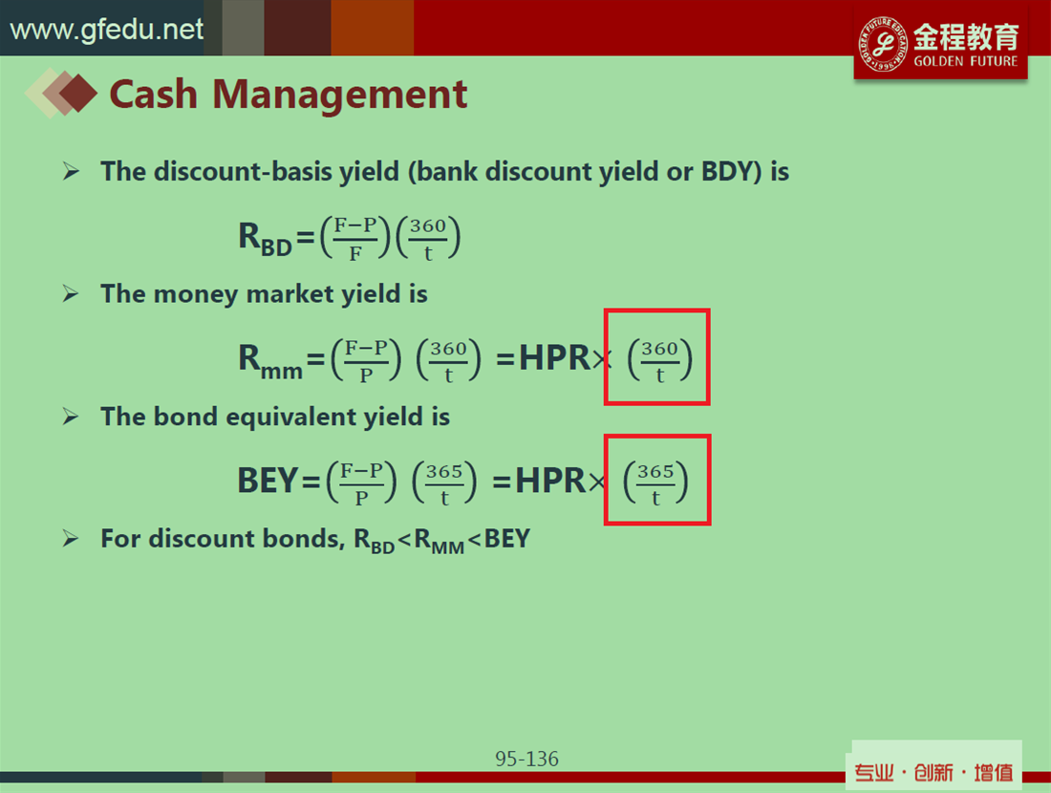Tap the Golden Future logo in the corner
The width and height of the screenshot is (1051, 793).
coord(940,44)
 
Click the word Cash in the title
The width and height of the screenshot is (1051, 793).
coord(154,94)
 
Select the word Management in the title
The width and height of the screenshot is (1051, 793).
coord(339,95)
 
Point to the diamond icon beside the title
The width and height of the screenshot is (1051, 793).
coord(61,94)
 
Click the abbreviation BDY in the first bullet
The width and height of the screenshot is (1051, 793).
coord(729,172)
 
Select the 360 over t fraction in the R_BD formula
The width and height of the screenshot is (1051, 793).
coord(428,237)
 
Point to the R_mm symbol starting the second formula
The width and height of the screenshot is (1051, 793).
coord(270,361)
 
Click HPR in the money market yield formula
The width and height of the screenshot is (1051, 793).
coord(554,358)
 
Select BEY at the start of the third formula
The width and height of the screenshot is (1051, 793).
coord(268,481)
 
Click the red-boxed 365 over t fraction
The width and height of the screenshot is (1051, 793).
coord(655,482)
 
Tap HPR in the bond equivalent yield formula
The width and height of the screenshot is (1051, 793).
coord(550,481)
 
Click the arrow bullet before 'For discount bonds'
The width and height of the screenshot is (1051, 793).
coord(71,538)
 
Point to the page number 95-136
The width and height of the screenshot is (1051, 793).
coord(526,759)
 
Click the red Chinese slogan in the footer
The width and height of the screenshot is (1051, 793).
coord(933,773)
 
